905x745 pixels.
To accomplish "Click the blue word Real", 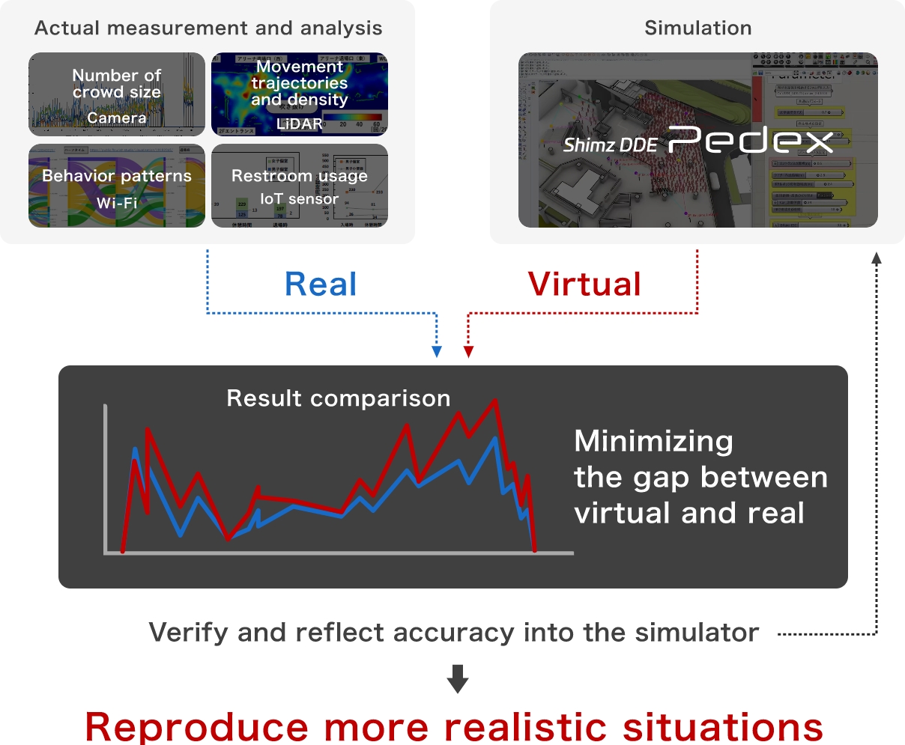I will click(x=321, y=285).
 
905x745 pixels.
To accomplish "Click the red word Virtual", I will click(x=584, y=285).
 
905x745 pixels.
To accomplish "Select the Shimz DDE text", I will click(x=610, y=145).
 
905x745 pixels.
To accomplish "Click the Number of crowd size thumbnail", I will click(x=117, y=94).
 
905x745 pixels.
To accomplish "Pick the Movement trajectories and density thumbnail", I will click(x=300, y=94).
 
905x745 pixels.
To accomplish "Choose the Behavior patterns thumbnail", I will click(x=117, y=186).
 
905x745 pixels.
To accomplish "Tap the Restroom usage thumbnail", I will click(x=300, y=186).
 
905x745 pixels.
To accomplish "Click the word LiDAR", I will click(x=300, y=124).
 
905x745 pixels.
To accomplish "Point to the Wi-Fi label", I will click(x=117, y=203).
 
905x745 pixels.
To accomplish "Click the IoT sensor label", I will click(x=300, y=198).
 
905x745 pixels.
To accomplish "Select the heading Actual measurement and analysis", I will click(x=208, y=28).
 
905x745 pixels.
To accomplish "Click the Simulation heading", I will click(x=697, y=28).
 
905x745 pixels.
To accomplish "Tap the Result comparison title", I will click(x=339, y=398).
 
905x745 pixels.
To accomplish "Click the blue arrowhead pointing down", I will click(x=438, y=352).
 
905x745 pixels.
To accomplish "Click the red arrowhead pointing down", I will click(x=468, y=352).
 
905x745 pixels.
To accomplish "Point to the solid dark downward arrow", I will click(x=458, y=678).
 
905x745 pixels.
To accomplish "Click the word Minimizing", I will click(x=653, y=441).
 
